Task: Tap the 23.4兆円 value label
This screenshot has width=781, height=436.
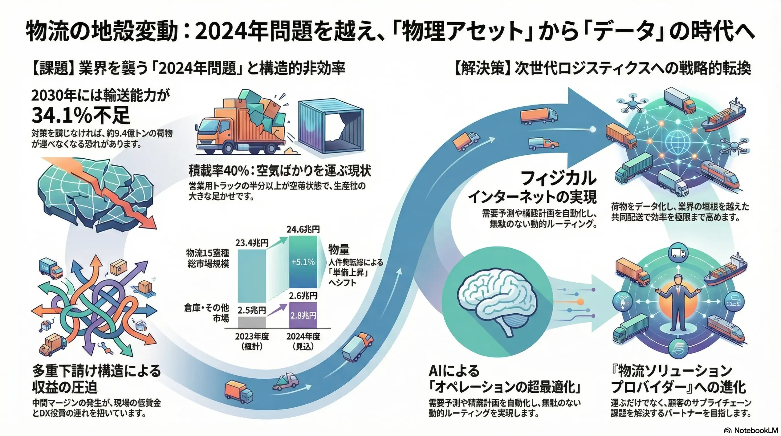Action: (x=252, y=243)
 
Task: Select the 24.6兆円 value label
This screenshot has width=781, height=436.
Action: (x=303, y=229)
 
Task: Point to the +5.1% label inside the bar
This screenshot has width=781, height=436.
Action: (x=303, y=262)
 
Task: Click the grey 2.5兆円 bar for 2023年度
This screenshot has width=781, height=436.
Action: (x=252, y=322)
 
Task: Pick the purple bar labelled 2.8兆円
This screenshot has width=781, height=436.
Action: (x=303, y=315)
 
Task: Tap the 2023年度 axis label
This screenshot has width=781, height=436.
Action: (x=252, y=337)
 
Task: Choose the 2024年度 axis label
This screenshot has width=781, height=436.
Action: (x=303, y=337)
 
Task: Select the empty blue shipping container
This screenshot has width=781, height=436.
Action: (x=331, y=127)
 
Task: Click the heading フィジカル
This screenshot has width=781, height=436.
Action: (x=558, y=178)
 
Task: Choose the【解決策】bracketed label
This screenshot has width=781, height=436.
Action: (x=482, y=69)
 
